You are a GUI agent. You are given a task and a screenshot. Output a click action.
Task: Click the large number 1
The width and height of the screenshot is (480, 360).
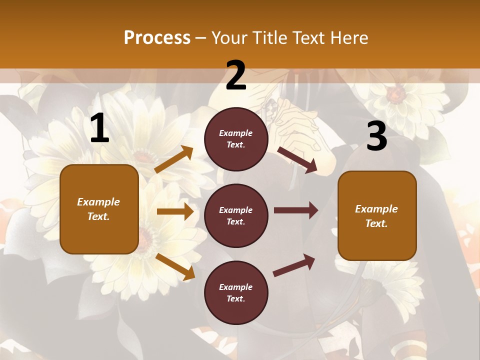tap(99, 128)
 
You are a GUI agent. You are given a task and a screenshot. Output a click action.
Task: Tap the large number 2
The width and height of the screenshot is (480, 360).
tap(236, 75)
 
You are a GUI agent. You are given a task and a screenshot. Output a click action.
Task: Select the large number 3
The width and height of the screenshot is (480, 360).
tap(376, 136)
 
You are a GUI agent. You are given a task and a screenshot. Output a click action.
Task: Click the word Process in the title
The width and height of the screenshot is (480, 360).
tap(157, 37)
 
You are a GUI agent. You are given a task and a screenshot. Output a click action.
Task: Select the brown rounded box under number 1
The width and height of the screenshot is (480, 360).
tap(99, 209)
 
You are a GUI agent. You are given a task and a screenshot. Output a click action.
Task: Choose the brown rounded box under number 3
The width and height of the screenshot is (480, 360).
tap(377, 215)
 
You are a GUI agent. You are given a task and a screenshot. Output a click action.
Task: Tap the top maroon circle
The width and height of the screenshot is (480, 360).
tap(236, 139)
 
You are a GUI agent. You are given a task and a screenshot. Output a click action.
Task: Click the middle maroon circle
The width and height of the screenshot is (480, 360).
tap(236, 215)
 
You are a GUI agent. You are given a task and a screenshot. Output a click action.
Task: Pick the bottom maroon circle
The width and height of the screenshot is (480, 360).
tap(236, 292)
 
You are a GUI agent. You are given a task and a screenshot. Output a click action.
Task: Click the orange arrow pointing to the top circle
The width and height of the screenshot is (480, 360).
tap(174, 159)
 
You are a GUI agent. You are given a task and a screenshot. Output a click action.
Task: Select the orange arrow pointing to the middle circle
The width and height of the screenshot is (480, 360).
tap(175, 211)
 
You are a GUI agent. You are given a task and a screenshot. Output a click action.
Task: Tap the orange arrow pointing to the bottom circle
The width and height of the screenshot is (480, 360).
tap(175, 266)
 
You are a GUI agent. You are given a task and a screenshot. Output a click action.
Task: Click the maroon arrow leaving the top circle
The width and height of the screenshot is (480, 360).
tap(297, 160)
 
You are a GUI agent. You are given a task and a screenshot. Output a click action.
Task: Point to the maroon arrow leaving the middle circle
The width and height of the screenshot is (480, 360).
tap(296, 210)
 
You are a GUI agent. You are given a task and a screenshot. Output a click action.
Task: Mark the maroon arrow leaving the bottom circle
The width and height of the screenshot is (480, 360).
tap(294, 265)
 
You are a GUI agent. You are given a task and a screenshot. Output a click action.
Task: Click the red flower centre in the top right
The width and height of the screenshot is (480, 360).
tap(396, 93)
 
